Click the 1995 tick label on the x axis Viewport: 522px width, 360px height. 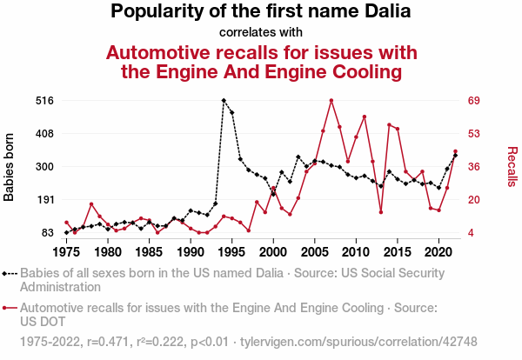coord(231,251)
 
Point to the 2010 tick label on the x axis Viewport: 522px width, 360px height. coord(356,251)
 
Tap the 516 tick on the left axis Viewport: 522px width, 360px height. coord(44,101)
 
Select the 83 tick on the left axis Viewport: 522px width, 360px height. coord(48,233)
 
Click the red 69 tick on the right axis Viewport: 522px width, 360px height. coord(474,101)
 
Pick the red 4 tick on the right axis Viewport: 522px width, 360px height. coord(472,233)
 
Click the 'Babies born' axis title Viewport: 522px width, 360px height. coord(10,167)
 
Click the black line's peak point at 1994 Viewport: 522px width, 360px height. coord(224,101)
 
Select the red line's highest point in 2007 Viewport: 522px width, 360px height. coord(331,101)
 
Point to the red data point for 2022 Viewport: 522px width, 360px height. coord(455,152)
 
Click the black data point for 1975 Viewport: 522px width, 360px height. coord(66,233)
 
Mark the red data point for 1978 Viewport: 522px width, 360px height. coord(91,204)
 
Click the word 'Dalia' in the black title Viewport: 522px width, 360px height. coord(382,12)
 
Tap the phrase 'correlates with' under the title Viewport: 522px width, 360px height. coord(261,32)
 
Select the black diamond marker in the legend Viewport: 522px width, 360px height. coord(9,272)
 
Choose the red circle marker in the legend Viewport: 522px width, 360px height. coord(9,307)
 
